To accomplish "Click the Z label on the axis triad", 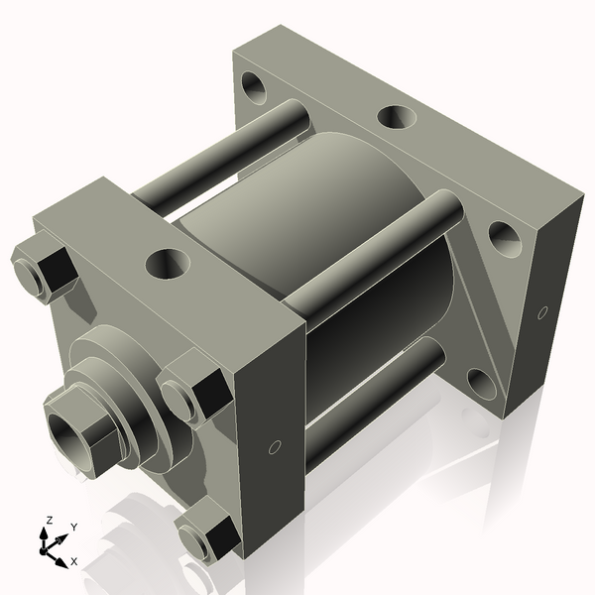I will tap(50, 520).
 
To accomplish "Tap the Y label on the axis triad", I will tap(74, 527).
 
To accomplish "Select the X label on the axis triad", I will tap(74, 561).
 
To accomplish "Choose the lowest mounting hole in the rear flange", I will tap(481, 384).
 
